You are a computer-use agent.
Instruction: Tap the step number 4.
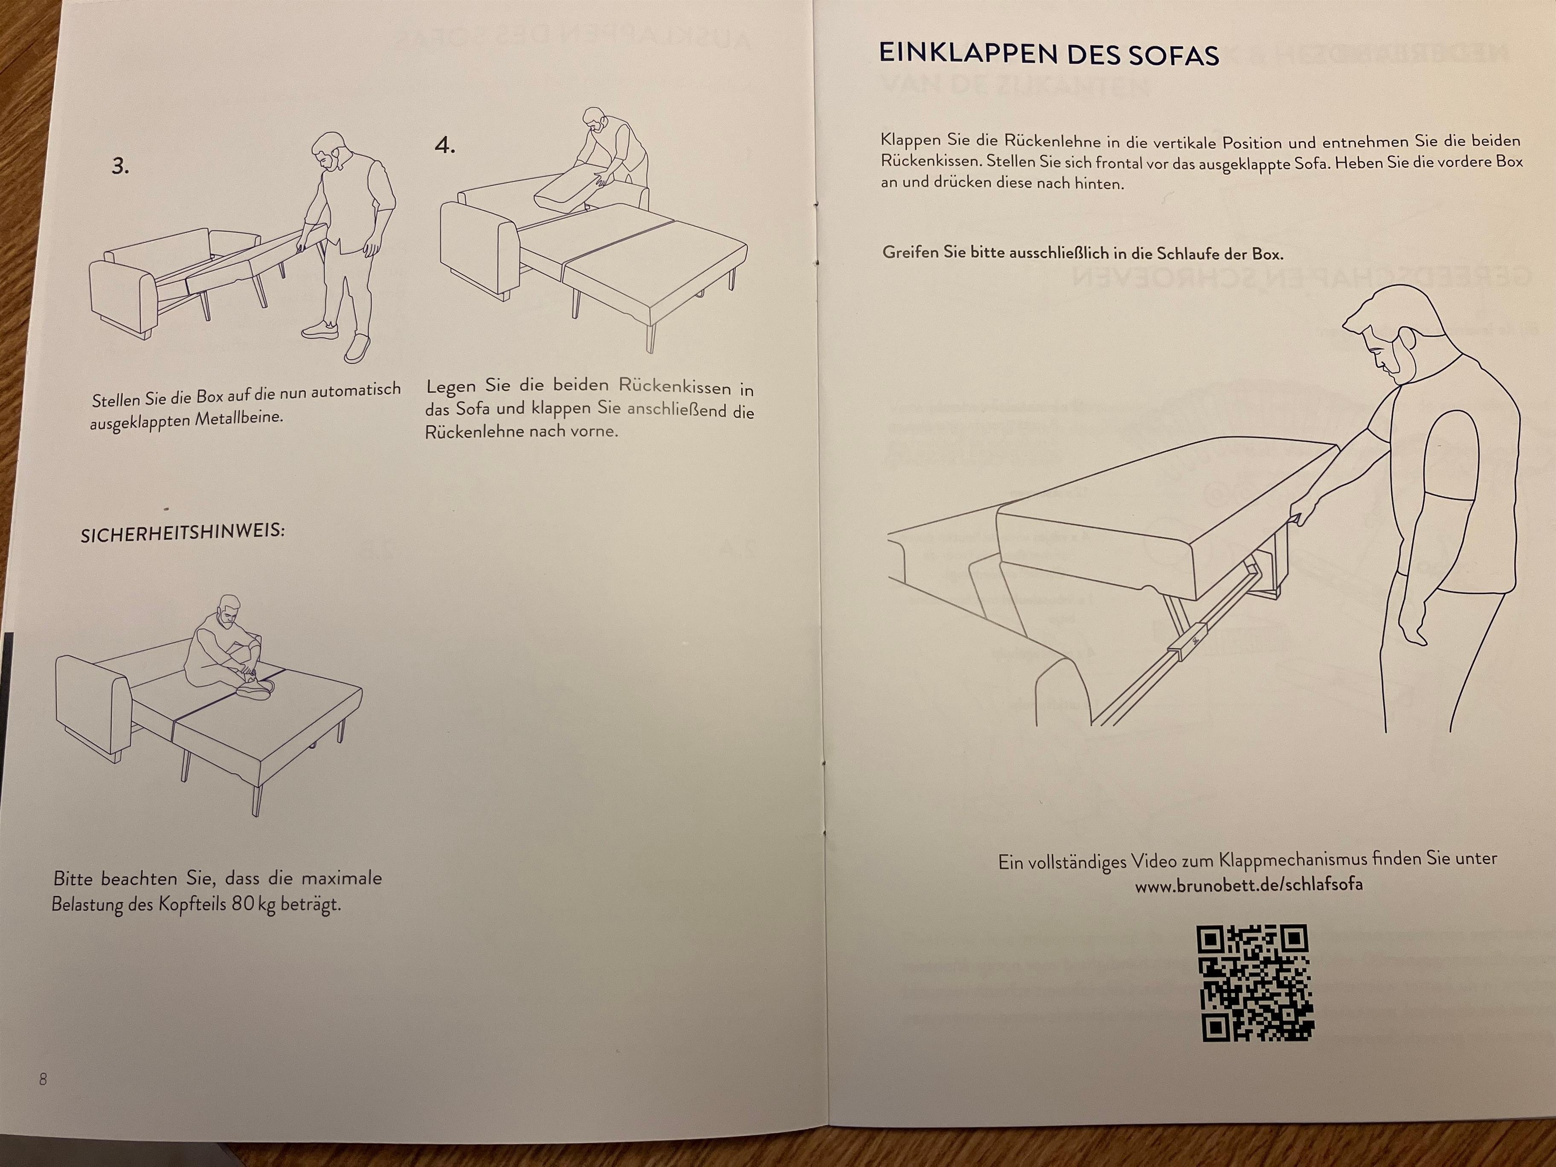coord(444,145)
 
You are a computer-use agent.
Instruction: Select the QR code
coord(1255,983)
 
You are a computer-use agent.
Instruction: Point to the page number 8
coord(43,1079)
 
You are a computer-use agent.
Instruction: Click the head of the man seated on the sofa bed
coord(229,613)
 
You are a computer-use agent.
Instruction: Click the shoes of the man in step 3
coord(338,339)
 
